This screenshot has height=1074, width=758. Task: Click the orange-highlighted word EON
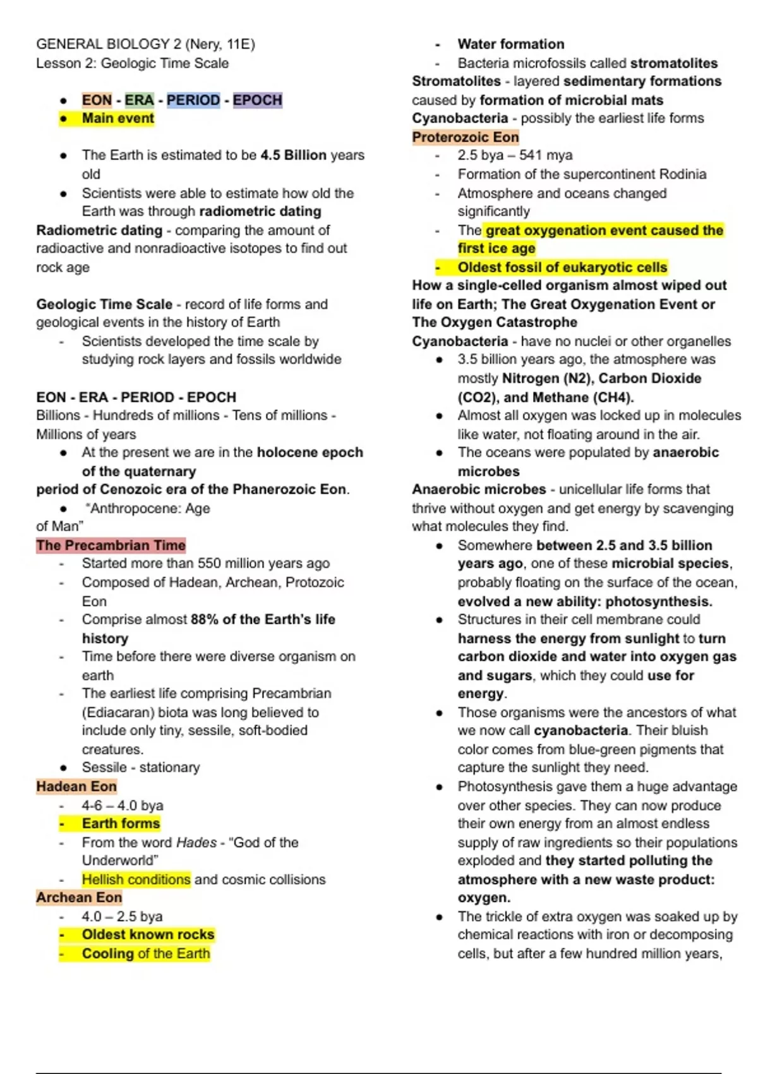tap(97, 100)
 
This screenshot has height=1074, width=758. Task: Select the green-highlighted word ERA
tap(139, 100)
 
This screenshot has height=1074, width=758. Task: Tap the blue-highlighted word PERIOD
tap(193, 100)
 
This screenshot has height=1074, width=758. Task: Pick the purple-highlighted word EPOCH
tap(258, 100)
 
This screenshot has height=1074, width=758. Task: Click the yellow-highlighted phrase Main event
tap(117, 119)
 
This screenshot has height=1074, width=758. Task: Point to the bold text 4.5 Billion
tap(293, 155)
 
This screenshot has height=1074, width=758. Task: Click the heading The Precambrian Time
tap(111, 545)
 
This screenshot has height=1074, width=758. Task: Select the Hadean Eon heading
tap(76, 787)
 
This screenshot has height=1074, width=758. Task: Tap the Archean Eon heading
tap(79, 898)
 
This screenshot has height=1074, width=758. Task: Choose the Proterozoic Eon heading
tap(466, 137)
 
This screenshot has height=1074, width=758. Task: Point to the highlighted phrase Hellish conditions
tap(136, 879)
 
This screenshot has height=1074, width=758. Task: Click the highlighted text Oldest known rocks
tap(148, 935)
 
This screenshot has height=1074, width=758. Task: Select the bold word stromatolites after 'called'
tap(674, 63)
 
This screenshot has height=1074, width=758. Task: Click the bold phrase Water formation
tap(511, 44)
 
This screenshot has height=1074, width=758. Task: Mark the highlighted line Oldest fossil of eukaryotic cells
tap(562, 268)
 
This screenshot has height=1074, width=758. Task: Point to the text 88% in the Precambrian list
tap(204, 620)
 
